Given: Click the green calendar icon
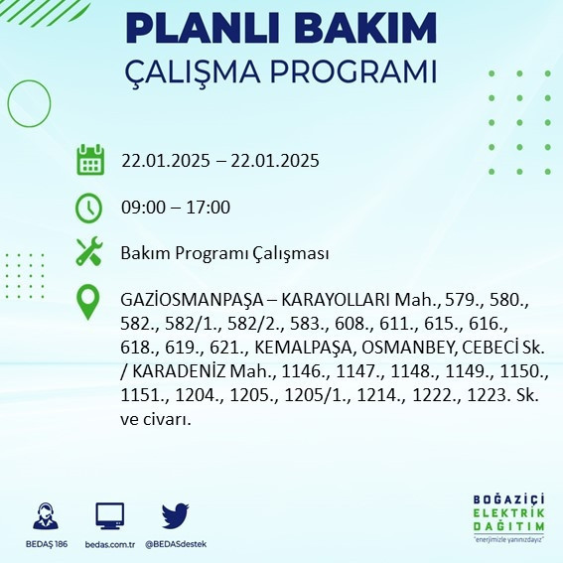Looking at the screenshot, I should [89, 160].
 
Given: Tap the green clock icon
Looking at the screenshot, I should [89, 208].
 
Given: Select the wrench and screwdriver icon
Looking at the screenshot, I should [89, 252].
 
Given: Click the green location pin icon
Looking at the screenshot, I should [89, 300].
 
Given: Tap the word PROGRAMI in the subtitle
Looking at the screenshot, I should [353, 72].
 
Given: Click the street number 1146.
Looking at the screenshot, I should [283, 371].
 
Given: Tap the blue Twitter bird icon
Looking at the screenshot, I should [175, 516].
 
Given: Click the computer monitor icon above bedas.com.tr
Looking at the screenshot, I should [109, 516].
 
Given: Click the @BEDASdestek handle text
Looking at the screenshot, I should [175, 544].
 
